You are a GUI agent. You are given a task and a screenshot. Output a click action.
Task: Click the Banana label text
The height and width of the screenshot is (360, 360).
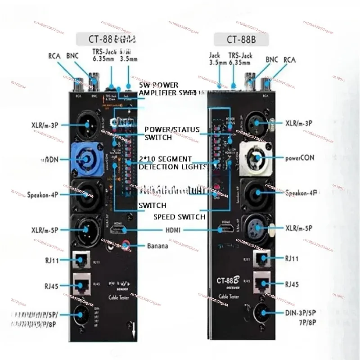pos(157,246)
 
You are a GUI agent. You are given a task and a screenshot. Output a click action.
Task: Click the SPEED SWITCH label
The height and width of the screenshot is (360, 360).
pos(179,217)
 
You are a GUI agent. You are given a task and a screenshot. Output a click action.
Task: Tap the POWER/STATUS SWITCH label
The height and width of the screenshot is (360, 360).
pos(171,133)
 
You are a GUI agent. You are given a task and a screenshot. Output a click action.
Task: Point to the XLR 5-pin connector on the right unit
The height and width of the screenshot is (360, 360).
pos(257,228)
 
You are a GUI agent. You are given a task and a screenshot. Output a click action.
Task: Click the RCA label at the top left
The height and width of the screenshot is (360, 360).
pos(54,56)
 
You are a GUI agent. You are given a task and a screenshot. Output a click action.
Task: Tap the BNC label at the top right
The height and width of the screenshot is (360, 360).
pos(272,59)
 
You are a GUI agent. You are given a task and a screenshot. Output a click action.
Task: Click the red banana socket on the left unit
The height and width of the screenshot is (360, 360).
pos(127,246)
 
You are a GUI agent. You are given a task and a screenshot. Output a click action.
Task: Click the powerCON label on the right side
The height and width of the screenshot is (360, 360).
pos(300,158)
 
